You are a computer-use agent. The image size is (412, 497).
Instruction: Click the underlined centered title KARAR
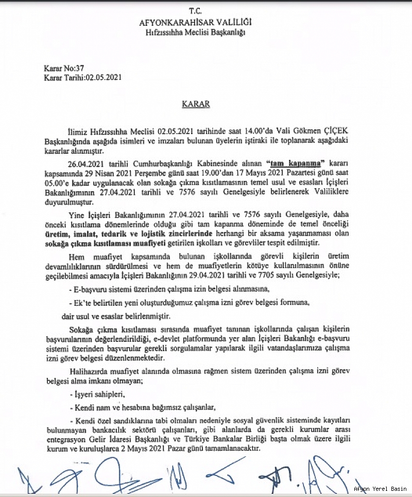[x=196, y=104]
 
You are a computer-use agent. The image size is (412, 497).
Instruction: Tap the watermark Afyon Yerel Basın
[x=380, y=489]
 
